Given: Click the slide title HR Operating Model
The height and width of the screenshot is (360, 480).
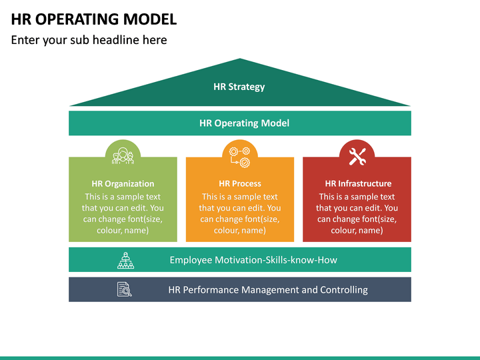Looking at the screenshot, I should click(94, 19).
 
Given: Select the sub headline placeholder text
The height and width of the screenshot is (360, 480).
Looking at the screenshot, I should click(89, 40).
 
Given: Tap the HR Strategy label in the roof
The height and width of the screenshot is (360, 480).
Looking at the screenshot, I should click(239, 87).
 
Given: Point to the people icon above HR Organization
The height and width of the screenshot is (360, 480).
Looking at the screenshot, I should click(123, 156).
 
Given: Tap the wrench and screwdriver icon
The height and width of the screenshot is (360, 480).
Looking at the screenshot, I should click(357, 156).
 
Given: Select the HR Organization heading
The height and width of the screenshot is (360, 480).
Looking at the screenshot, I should click(123, 183).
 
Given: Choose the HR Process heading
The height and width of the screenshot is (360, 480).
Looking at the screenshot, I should click(240, 183).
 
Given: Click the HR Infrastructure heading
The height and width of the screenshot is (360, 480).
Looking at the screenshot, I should click(358, 183).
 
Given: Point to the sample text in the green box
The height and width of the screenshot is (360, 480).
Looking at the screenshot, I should click(123, 213).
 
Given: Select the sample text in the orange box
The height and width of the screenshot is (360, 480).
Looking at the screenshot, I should click(240, 213).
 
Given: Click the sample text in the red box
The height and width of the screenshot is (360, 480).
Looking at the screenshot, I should click(357, 213).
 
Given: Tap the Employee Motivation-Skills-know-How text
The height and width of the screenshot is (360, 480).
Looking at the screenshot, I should click(253, 260).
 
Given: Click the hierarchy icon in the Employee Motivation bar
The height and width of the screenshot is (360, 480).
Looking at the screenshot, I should click(125, 260).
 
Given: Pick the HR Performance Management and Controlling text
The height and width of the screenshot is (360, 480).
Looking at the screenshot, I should click(267, 290).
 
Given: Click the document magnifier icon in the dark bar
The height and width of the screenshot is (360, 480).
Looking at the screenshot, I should click(125, 290).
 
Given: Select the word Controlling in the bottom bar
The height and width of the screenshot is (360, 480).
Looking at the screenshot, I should click(344, 290).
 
